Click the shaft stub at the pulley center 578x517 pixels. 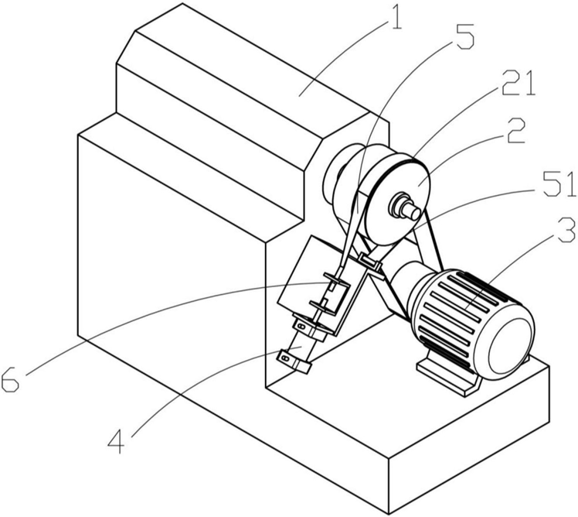coord(404,205)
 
